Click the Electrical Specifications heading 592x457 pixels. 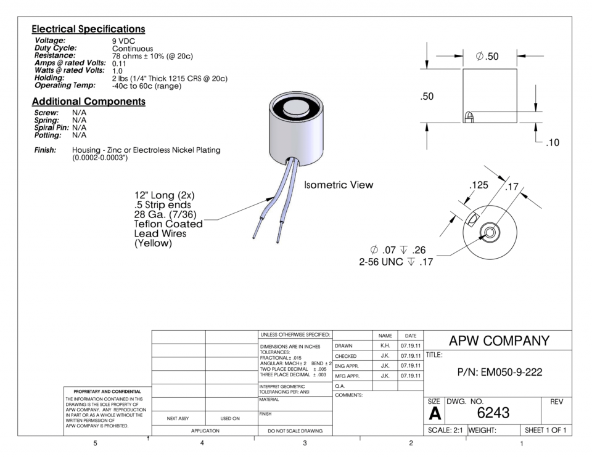point(88,29)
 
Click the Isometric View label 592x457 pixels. point(339,185)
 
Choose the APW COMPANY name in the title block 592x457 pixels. point(498,341)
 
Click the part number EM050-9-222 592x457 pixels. point(498,372)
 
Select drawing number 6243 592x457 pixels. point(497,411)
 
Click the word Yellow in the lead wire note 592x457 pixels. point(153,243)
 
